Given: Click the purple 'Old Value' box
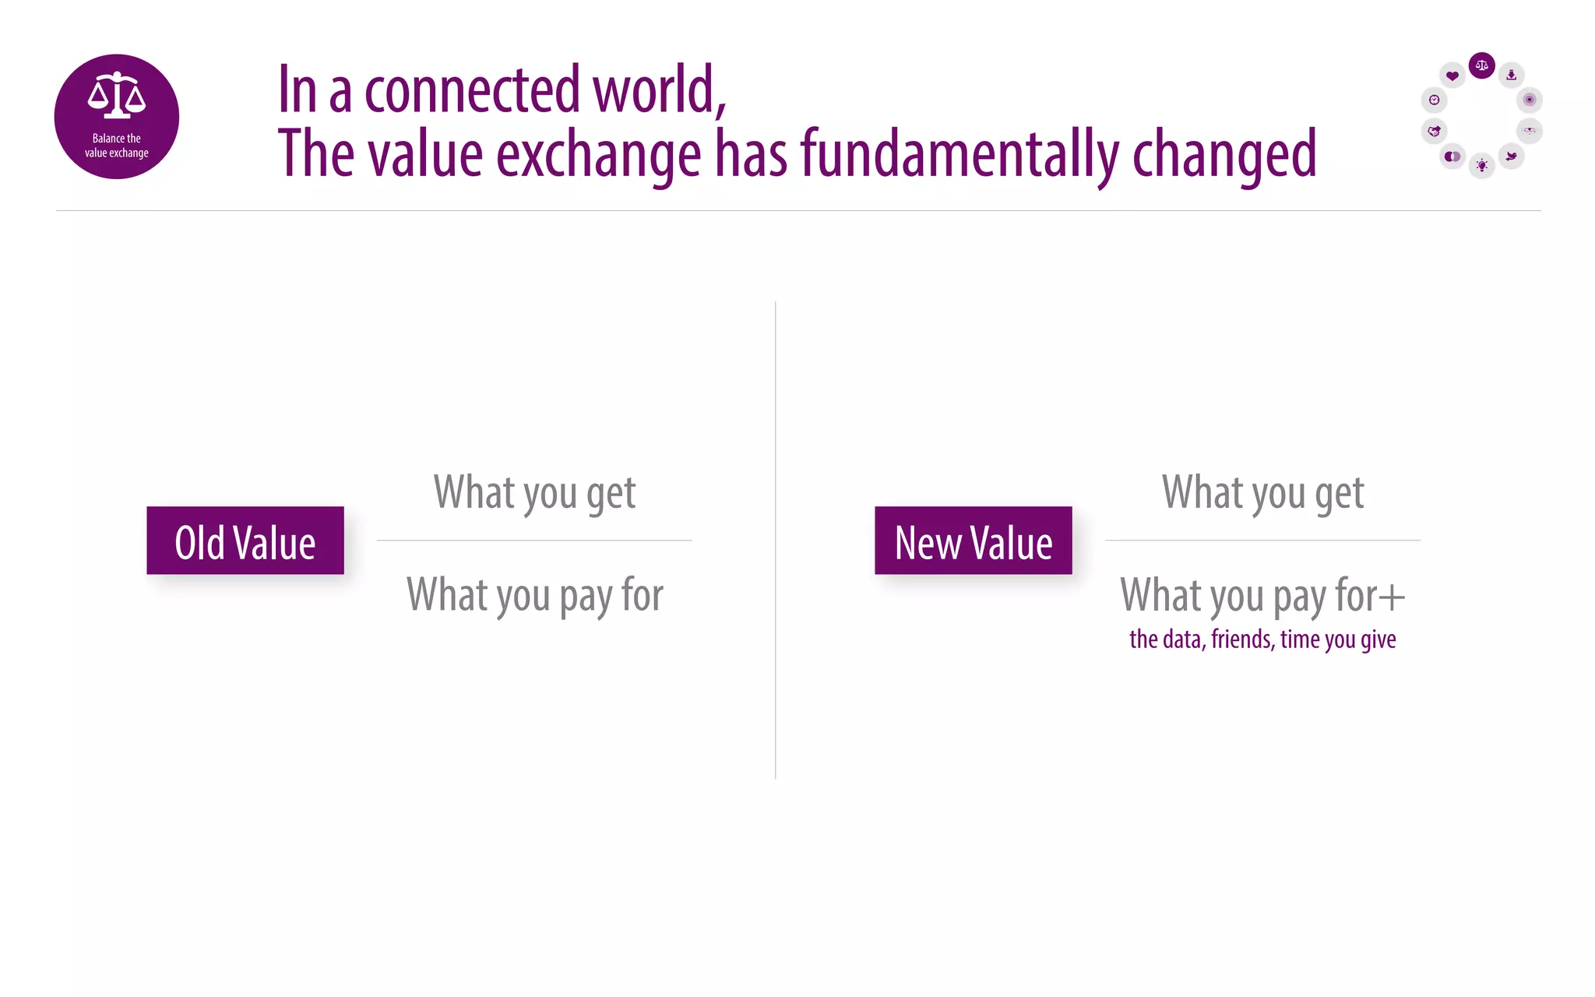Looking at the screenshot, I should point(245,541).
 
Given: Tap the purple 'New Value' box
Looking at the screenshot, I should point(974,541).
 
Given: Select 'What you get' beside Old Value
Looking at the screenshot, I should point(534,492).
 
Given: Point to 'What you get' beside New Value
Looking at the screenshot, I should point(1262,492).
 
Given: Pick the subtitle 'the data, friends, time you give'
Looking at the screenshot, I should point(1262,639).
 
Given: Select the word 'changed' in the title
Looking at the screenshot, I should point(1224,153).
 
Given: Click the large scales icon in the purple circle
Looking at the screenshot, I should point(117,95).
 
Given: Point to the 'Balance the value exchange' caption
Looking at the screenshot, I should point(117,146).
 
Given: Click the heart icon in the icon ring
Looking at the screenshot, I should point(1452,76).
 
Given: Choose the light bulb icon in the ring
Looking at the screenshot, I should point(1481,165).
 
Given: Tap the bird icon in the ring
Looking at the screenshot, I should point(1511,157).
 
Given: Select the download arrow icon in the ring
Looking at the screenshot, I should point(1511,75).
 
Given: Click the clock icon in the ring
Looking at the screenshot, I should point(1434,100).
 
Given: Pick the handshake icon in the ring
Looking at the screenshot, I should point(1434,131).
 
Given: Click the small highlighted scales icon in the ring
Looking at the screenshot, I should point(1481,65).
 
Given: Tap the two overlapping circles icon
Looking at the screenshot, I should point(1452,157).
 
